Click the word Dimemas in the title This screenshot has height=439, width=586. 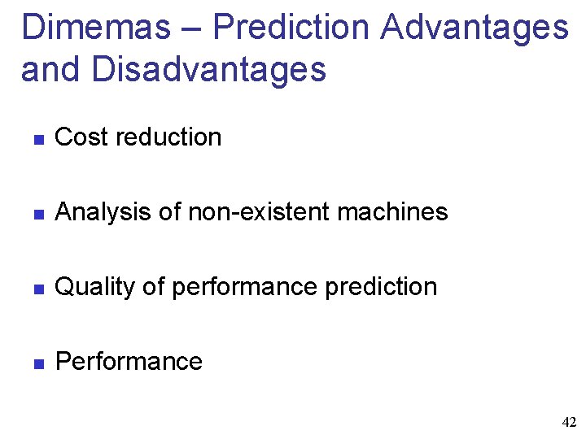point(96,27)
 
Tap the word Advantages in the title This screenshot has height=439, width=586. point(474,27)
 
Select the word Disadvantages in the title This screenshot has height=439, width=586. point(209,69)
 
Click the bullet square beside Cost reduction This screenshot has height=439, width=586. point(37,139)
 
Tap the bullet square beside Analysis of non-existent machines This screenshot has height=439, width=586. point(37,214)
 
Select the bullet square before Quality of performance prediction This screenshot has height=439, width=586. point(37,289)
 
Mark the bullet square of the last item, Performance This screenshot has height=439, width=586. point(37,363)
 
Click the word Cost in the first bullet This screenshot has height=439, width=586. point(82,137)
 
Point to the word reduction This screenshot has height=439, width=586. point(169,137)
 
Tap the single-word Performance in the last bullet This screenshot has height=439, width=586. point(129,361)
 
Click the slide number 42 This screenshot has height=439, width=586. point(569,422)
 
